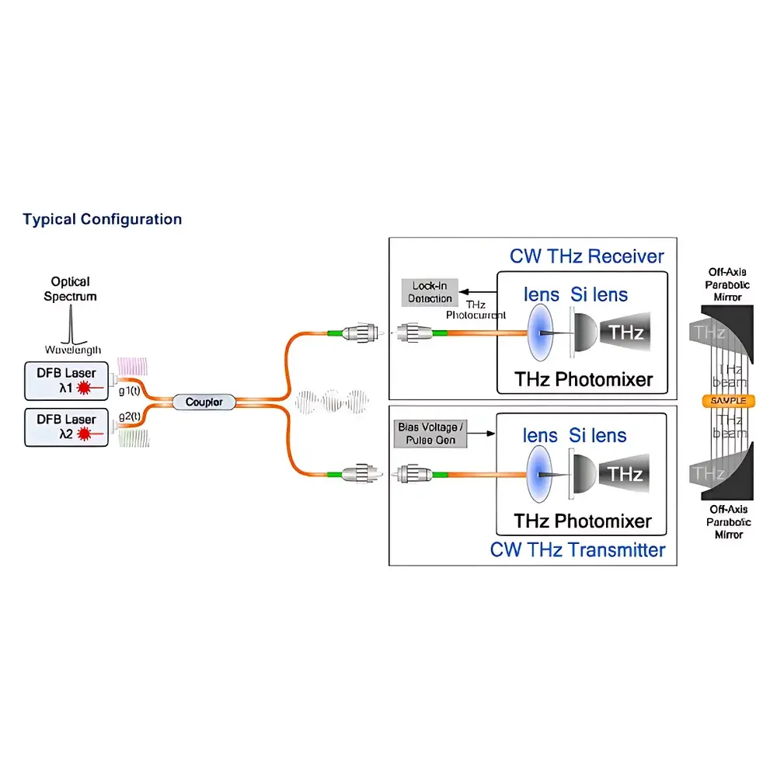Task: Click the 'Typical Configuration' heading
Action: [102, 219]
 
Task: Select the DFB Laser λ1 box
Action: [67, 380]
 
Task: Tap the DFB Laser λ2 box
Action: [67, 427]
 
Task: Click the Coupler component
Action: [204, 402]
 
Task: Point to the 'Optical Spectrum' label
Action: [71, 288]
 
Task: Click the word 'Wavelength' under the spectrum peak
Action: [71, 350]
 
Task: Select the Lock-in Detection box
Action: [430, 292]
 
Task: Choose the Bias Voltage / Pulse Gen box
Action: [429, 434]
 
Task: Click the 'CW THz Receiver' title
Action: [587, 256]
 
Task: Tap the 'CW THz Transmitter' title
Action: [577, 550]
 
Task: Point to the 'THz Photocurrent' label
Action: [476, 309]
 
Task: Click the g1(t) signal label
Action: [129, 390]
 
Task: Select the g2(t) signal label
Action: [129, 416]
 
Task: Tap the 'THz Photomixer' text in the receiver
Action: [583, 379]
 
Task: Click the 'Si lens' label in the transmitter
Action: [598, 436]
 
